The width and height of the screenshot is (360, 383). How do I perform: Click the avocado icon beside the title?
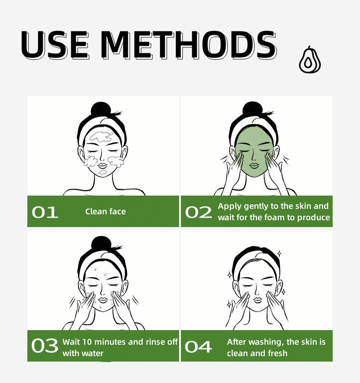[310, 60]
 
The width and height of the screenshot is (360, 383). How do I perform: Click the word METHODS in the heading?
[188, 45]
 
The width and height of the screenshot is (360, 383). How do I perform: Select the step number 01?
[45, 212]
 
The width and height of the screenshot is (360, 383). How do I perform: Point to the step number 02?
[198, 212]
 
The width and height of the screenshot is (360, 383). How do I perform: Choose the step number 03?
[45, 346]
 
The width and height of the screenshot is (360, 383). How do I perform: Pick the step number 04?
[198, 347]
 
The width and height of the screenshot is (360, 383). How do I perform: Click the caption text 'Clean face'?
[105, 212]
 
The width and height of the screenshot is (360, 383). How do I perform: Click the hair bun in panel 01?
[101, 109]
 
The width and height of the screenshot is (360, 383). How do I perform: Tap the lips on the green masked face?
[254, 166]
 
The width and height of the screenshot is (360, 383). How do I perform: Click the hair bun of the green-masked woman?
[252, 109]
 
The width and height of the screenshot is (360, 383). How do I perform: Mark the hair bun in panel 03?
[101, 244]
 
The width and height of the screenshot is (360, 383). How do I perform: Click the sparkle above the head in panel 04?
[279, 254]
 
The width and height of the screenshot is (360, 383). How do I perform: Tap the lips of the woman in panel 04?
[258, 300]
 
